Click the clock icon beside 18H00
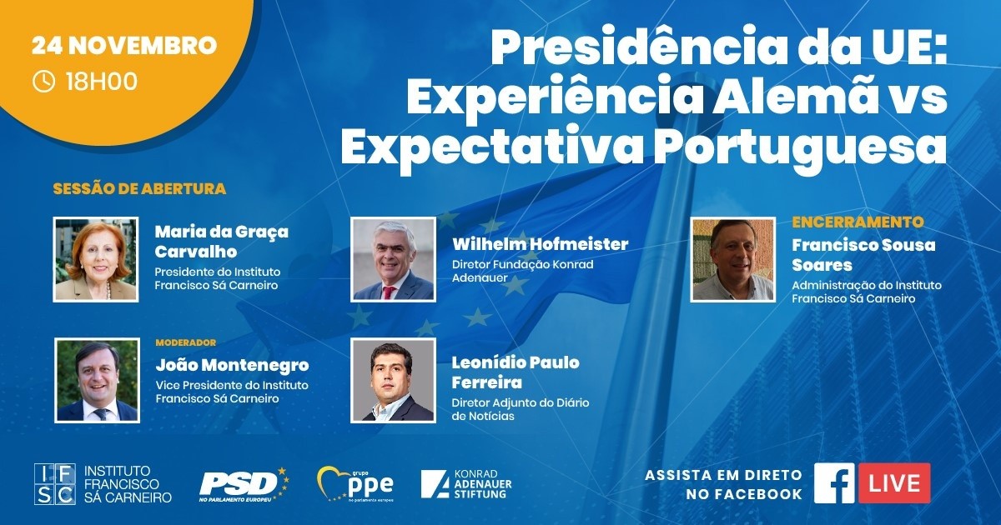tap(43, 82)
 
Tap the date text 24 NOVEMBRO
tap(124, 46)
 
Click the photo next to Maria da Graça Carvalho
tap(96, 259)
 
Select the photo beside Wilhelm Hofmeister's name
tap(393, 259)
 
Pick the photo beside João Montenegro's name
tap(97, 380)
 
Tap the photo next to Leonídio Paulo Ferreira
tap(393, 380)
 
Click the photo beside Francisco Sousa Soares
tap(733, 259)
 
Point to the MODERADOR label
tap(186, 342)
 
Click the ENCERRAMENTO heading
tap(858, 222)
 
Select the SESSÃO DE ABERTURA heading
tap(139, 189)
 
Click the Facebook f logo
tap(834, 483)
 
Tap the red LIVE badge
tap(894, 483)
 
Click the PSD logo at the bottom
tap(244, 485)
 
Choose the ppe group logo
tap(355, 484)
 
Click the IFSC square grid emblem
tap(55, 484)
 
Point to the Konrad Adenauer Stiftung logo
tap(466, 484)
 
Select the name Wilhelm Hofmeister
tap(541, 244)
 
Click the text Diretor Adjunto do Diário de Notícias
tap(521, 409)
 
